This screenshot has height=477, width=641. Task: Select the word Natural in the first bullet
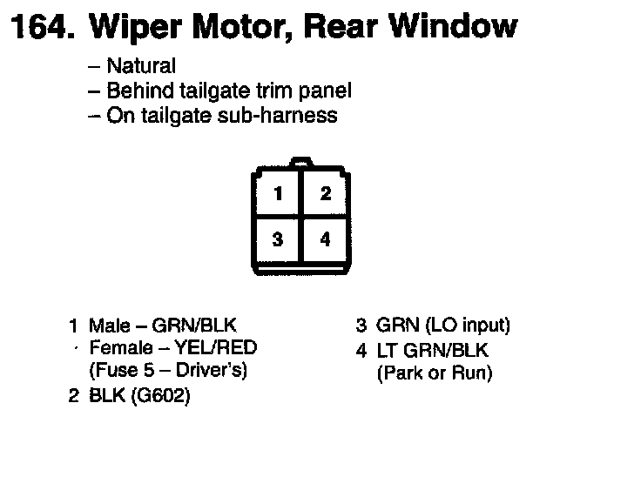tap(140, 66)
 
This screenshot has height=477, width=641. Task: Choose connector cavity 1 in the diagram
tap(277, 194)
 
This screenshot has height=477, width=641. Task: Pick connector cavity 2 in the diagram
tap(325, 194)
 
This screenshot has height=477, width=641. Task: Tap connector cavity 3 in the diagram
tap(277, 239)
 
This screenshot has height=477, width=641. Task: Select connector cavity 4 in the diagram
tap(325, 239)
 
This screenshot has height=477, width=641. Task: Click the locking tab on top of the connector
tap(300, 162)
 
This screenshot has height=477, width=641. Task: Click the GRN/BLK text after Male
tap(193, 326)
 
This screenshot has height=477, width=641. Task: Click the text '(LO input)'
tap(468, 326)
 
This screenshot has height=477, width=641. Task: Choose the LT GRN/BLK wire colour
tap(433, 352)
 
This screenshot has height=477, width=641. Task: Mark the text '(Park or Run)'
tap(434, 374)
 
